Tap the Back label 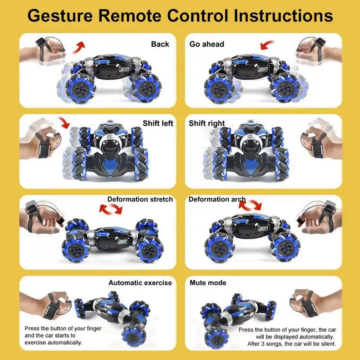160,44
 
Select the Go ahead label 207,44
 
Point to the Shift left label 158,123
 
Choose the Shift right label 207,123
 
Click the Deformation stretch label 140,199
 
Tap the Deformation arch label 217,199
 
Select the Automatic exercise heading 140,283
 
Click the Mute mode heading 207,283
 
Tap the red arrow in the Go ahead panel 269,45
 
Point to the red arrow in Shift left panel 63,123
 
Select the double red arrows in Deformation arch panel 250,205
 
